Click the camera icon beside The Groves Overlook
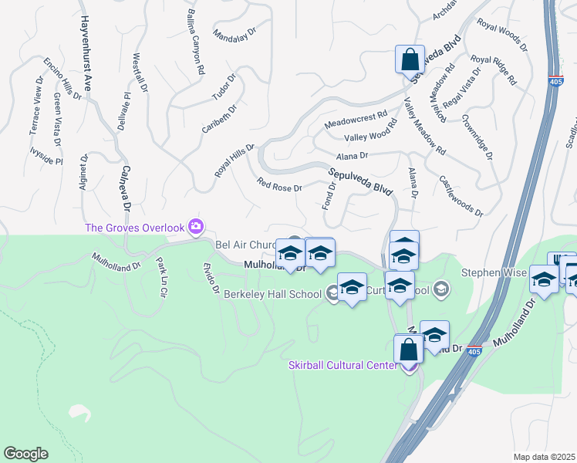tap(195, 226)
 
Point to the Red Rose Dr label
tap(279, 186)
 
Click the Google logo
tap(25, 454)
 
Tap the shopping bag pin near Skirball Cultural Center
tap(409, 350)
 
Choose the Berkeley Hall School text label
tap(272, 294)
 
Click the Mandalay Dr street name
tap(233, 36)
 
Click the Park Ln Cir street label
tap(161, 277)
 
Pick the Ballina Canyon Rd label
tap(195, 42)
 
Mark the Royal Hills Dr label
tap(235, 161)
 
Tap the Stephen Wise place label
tap(494, 272)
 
